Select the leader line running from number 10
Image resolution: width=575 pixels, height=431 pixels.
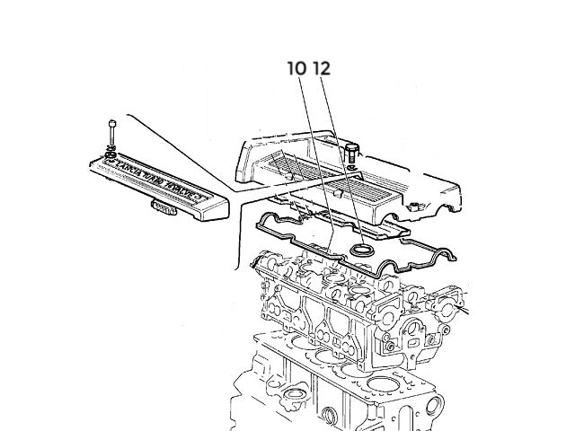315,162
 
